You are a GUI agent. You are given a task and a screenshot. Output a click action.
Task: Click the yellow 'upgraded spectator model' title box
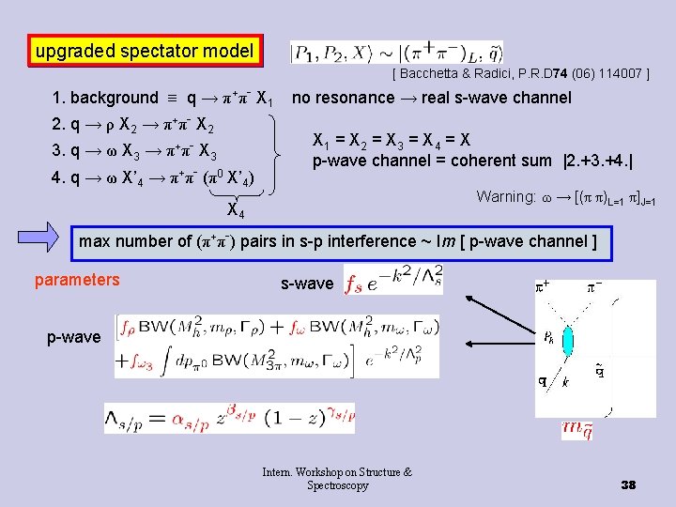pos(144,51)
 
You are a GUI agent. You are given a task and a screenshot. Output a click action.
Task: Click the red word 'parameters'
pos(77,280)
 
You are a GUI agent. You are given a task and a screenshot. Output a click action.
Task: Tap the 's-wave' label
pos(307,283)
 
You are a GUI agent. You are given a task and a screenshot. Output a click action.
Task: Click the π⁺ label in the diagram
pos(542,281)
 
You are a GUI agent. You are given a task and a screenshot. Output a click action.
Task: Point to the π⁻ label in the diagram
pos(594,282)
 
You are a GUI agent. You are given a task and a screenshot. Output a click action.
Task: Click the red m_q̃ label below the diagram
pos(576,430)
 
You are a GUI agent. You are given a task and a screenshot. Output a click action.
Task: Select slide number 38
pos(628,484)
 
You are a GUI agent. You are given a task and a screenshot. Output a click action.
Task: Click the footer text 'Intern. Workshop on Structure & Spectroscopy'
pos(337,479)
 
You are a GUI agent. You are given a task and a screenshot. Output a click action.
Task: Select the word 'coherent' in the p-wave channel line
pos(471,160)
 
